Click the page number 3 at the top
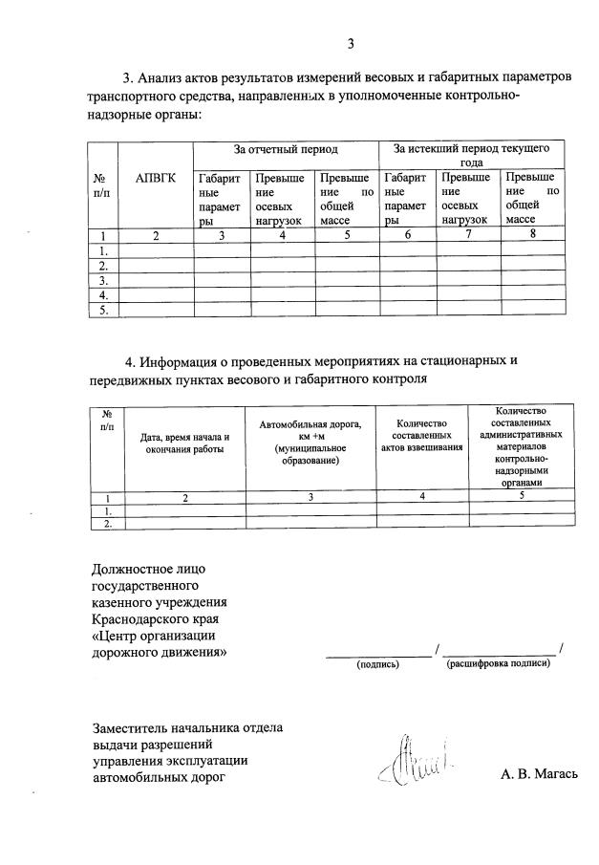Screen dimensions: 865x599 pyautogui.click(x=351, y=43)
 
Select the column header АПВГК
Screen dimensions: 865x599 pyautogui.click(x=155, y=177)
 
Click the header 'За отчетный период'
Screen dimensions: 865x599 pyautogui.click(x=287, y=150)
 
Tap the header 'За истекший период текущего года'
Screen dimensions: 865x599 pyautogui.click(x=472, y=156)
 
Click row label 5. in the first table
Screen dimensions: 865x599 pyautogui.click(x=103, y=311)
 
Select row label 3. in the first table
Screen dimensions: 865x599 pyautogui.click(x=103, y=281)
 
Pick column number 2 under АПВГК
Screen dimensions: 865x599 pyautogui.click(x=155, y=235)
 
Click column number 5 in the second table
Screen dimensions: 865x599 pyautogui.click(x=521, y=495)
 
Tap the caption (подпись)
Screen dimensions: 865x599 pyautogui.click(x=377, y=662)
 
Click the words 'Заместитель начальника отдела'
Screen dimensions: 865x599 pyautogui.click(x=187, y=727)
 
